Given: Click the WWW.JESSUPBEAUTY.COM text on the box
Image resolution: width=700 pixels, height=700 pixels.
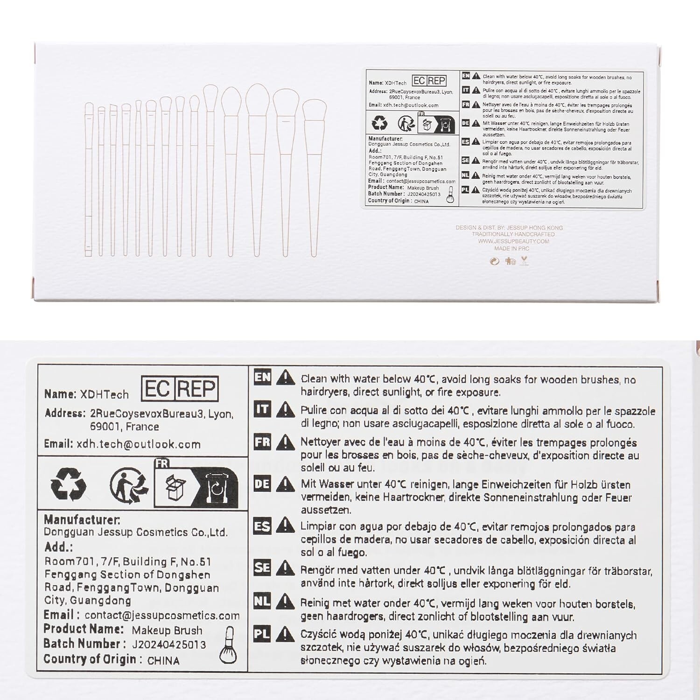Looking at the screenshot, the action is point(513,241).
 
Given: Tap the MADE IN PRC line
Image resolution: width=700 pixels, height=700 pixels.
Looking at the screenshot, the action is point(512,248).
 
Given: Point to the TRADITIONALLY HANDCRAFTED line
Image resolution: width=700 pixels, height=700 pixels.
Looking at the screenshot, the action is point(513,234).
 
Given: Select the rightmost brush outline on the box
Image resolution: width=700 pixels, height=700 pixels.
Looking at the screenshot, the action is point(314,177).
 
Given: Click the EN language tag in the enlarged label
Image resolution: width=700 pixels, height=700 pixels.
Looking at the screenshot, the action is point(262,377).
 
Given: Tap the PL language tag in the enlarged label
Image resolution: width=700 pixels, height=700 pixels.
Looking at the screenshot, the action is point(262,634).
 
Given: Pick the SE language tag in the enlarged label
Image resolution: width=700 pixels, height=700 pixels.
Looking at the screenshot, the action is point(262,567).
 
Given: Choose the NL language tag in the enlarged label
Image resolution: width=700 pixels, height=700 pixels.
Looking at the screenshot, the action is point(262,601).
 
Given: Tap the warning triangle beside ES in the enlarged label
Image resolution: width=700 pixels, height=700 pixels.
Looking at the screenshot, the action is point(285,526).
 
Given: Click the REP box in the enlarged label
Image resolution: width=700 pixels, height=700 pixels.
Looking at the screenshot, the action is point(197,388).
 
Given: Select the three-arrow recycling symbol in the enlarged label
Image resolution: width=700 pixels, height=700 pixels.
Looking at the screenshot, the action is point(68,484).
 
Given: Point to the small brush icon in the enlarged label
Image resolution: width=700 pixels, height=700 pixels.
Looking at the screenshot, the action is point(228,645).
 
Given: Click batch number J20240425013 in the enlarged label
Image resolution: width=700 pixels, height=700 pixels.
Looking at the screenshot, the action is point(169,644).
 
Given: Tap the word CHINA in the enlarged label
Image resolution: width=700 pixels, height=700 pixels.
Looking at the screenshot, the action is point(163,660).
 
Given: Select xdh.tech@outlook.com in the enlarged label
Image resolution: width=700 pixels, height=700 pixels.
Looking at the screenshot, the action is point(139,444).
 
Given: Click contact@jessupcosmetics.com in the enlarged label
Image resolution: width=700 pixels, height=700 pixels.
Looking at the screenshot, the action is point(162,616).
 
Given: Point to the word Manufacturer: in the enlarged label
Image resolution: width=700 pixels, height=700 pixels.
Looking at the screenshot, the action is point(82,520).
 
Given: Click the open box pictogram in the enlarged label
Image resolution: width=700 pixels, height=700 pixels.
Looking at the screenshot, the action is point(176,488).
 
